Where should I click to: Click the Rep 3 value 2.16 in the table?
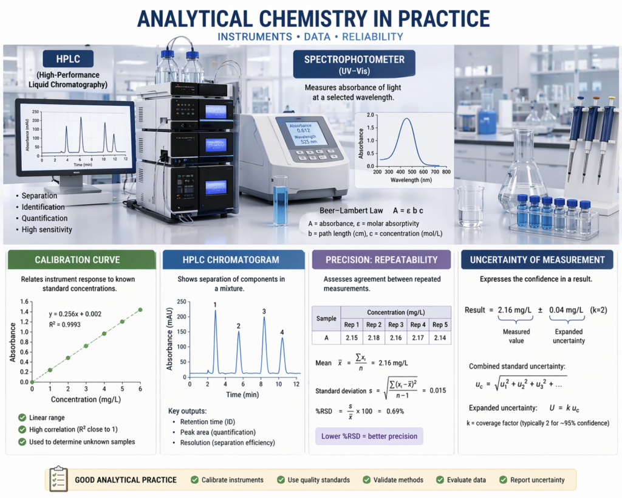pyautogui.click(x=395, y=337)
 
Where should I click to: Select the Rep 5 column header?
pyautogui.click(x=440, y=325)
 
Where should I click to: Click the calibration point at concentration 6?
pyautogui.click(x=140, y=310)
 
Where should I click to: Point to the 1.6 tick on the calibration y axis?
pyautogui.click(x=24, y=302)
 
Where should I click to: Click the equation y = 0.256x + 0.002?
pyautogui.click(x=75, y=314)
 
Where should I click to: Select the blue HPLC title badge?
pyautogui.click(x=68, y=59)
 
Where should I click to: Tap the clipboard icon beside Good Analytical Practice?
pyautogui.click(x=58, y=479)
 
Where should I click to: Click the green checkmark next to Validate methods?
pyautogui.click(x=366, y=480)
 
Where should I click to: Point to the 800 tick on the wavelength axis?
pyautogui.click(x=446, y=172)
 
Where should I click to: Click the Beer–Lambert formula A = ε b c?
pyautogui.click(x=408, y=210)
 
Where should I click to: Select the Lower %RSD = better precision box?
pyautogui.click(x=369, y=436)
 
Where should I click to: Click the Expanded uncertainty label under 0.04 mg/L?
pyautogui.click(x=569, y=336)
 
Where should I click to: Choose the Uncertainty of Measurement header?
pyautogui.click(x=537, y=260)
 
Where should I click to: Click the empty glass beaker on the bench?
pyautogui.click(x=470, y=207)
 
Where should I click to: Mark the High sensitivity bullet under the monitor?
pyautogui.click(x=44, y=229)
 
